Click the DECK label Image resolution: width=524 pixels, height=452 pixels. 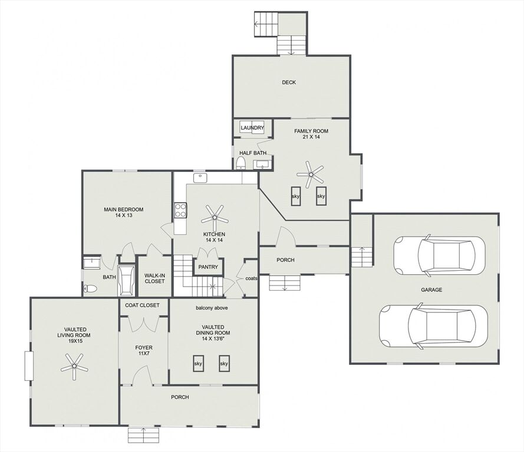point(289,82)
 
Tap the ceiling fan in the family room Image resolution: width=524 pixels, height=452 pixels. point(311,174)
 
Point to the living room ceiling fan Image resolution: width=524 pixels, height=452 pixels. point(74,367)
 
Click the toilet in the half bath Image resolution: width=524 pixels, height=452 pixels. point(241,164)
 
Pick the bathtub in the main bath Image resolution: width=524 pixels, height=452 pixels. point(127,281)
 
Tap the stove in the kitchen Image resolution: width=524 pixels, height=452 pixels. point(180,210)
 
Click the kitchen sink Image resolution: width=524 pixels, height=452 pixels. point(200,178)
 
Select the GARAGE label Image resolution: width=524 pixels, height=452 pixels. point(431,290)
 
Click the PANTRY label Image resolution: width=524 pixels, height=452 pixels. point(208,267)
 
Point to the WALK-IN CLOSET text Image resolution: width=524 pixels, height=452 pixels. point(154,278)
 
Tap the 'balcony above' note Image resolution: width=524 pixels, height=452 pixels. point(212,308)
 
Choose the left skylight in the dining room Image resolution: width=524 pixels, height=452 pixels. point(198,363)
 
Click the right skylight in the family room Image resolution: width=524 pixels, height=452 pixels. point(321,196)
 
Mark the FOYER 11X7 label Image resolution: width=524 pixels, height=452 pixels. point(144,350)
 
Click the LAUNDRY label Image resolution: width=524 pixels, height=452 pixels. point(252,128)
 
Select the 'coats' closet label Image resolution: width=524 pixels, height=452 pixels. point(251,278)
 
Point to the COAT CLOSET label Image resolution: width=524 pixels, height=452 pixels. point(143,305)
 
